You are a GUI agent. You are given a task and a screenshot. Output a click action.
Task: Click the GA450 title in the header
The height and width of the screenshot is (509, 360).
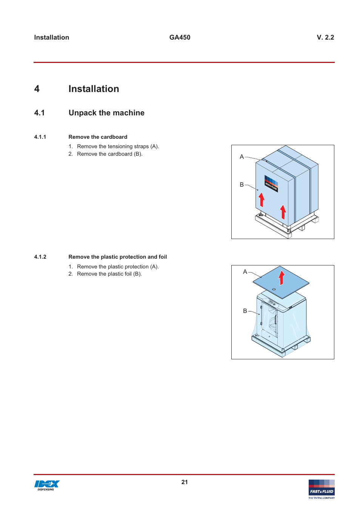pos(180,37)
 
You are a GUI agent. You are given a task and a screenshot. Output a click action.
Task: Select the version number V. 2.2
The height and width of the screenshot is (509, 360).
pos(325,37)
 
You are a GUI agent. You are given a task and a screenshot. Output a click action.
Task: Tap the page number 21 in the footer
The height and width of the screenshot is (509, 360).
pos(184,482)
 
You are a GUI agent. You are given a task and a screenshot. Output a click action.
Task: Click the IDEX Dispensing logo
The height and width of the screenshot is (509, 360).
pos(47,485)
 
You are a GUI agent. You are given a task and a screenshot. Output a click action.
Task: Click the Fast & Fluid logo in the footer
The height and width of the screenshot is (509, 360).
pos(322,489)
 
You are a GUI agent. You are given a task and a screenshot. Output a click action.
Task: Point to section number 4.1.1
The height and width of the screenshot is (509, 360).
pos(40,137)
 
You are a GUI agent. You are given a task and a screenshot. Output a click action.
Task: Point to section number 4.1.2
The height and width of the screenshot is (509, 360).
pos(40,257)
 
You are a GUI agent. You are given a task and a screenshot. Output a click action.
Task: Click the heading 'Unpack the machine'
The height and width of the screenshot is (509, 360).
pos(106,113)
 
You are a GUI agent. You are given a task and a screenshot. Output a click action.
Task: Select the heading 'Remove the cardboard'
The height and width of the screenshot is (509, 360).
pos(98,137)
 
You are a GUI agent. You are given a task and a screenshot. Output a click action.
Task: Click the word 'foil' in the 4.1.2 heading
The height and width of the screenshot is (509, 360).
pos(163,257)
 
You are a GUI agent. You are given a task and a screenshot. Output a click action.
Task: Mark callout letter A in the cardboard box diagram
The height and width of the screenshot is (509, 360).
pos(242,157)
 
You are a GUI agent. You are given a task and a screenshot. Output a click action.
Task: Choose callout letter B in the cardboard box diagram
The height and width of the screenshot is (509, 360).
pos(242,185)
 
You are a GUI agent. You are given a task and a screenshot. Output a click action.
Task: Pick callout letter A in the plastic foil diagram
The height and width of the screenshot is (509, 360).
pos(245,272)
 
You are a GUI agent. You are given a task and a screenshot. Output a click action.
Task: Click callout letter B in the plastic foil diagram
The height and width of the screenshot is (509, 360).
pos(245,311)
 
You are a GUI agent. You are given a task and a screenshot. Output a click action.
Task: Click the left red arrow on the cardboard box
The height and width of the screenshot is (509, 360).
pos(262,200)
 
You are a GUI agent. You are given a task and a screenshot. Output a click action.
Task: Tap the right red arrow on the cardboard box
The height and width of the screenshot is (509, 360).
pos(283,212)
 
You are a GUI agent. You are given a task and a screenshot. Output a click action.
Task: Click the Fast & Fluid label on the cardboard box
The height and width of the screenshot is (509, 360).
pos(271,184)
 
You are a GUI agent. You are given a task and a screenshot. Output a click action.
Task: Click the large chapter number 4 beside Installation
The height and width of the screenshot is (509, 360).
pos(37,89)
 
